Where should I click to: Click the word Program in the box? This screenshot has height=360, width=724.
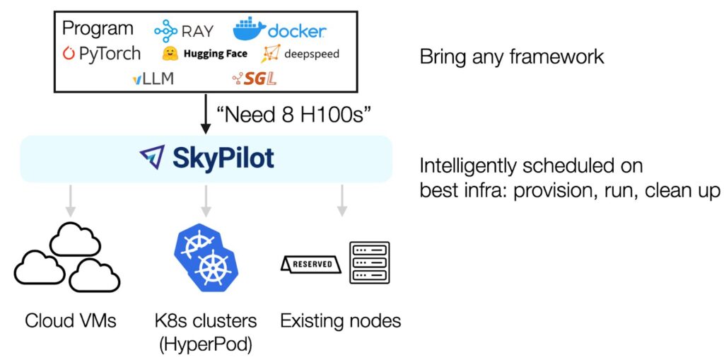tap(98, 28)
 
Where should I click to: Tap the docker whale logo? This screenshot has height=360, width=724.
tap(249, 29)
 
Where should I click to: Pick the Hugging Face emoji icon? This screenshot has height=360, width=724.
tap(169, 54)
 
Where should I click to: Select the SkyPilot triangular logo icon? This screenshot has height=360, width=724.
tap(152, 158)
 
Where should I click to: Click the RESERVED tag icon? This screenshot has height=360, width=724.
tap(312, 264)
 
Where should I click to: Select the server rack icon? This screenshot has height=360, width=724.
tap(369, 262)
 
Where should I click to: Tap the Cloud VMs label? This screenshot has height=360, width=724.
tap(71, 321)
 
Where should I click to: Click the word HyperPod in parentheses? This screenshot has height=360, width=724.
tap(206, 344)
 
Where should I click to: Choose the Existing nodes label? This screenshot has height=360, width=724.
tap(341, 321)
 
